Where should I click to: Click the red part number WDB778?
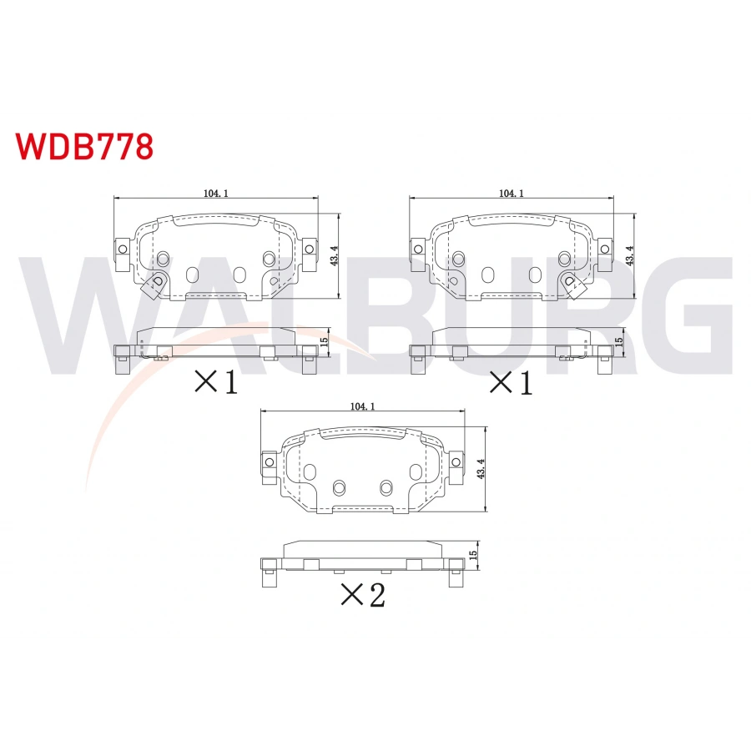pos(84,146)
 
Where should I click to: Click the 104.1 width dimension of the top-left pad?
pos(215,193)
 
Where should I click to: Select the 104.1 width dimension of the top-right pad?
pos(511,193)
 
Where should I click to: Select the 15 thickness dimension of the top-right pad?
pos(618,340)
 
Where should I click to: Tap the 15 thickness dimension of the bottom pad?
pos(472,554)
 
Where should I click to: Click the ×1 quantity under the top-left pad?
pos(216,382)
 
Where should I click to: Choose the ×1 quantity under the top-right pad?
pos(510,382)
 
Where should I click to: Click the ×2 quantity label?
pos(363,595)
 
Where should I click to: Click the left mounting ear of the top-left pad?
pos(122,248)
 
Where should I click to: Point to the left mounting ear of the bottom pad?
pos(270,462)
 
